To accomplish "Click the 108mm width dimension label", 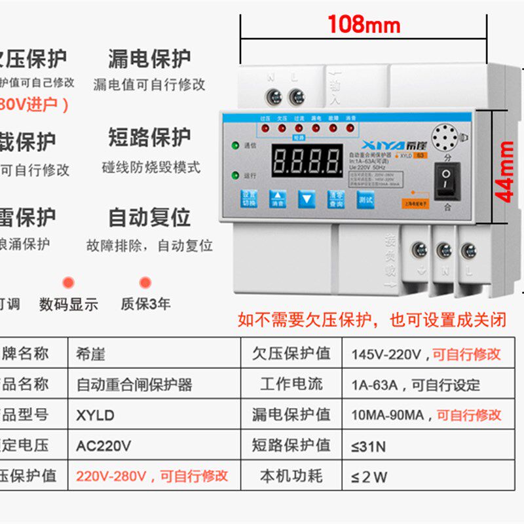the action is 364,25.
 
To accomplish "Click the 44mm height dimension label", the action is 505,171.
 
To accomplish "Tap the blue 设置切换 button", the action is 249,198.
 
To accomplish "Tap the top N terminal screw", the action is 272,98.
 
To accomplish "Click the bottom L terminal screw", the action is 468,251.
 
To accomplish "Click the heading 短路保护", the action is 149,138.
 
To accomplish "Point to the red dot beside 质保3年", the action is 145,283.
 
